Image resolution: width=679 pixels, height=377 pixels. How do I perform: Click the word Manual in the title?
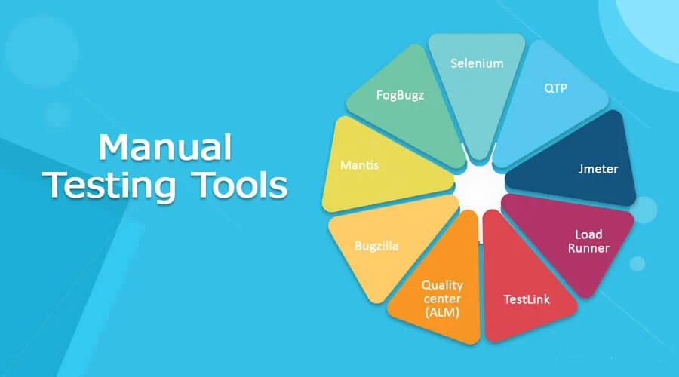pos(165,147)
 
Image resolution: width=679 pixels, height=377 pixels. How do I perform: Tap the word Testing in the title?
pos(109,185)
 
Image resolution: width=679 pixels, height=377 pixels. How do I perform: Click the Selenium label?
pos(477,63)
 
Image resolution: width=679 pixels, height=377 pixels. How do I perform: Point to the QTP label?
pos(555,88)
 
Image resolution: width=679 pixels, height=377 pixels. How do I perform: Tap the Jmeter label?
pos(598,169)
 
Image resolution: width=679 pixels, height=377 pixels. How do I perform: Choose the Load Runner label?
pos(588,241)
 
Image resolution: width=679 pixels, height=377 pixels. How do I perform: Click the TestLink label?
pos(527,299)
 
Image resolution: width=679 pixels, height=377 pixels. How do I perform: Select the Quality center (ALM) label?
pos(442,299)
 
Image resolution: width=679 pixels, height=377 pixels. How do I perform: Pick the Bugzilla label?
pos(376,246)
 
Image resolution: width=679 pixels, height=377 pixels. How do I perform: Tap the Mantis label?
pos(359,165)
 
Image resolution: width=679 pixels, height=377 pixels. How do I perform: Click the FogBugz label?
pos(400,95)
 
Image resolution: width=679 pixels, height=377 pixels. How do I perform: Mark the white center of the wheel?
pos(480,187)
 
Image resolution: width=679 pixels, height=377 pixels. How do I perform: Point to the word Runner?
pos(588,248)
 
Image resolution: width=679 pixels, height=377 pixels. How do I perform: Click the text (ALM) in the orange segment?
pos(442,312)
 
